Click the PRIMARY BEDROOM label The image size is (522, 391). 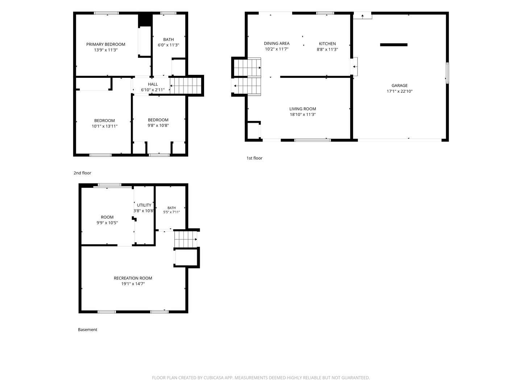pyautogui.click(x=105, y=45)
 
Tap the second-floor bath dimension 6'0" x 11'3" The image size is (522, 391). pyautogui.click(x=168, y=45)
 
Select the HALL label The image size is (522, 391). pyautogui.click(x=153, y=84)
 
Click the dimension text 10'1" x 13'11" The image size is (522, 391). pyautogui.click(x=105, y=126)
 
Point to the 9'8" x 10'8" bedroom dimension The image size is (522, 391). pyautogui.click(x=158, y=126)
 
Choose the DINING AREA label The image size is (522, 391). pyautogui.click(x=277, y=43)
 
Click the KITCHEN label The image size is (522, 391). pyautogui.click(x=327, y=44)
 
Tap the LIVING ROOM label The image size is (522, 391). pyautogui.click(x=302, y=109)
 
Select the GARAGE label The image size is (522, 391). pyautogui.click(x=399, y=85)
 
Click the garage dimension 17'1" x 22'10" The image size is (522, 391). pyautogui.click(x=399, y=91)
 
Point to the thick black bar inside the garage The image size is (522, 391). pyautogui.click(x=394, y=45)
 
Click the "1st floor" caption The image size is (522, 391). pyautogui.click(x=254, y=158)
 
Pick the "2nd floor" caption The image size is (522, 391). pyautogui.click(x=82, y=173)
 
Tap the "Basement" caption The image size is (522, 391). pyautogui.click(x=87, y=329)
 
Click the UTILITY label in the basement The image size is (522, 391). pyautogui.click(x=144, y=205)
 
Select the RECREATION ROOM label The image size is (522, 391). pyautogui.click(x=133, y=278)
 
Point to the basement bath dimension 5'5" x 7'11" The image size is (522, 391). pyautogui.click(x=171, y=212)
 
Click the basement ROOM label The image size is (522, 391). pyautogui.click(x=107, y=217)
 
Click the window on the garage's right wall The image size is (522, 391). pyautogui.click(x=447, y=73)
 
